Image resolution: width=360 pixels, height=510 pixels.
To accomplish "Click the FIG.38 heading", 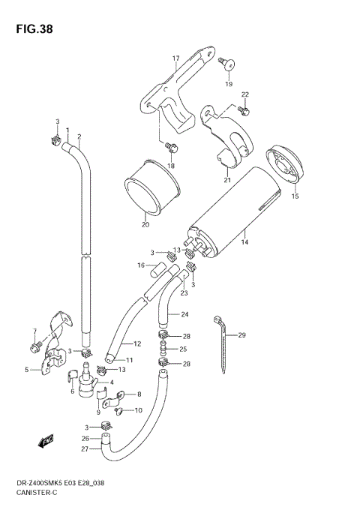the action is tap(34, 29).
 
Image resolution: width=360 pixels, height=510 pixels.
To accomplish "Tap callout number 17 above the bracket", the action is tap(176, 58).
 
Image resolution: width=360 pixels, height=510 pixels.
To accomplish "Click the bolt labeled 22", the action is tap(244, 110).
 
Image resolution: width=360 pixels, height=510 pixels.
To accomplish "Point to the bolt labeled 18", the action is tap(172, 147).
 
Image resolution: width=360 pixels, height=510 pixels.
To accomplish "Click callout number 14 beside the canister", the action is tap(244, 242).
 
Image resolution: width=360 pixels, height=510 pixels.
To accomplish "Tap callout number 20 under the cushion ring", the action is tap(145, 224).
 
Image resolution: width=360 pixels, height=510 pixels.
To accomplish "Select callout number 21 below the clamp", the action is tap(227, 180).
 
